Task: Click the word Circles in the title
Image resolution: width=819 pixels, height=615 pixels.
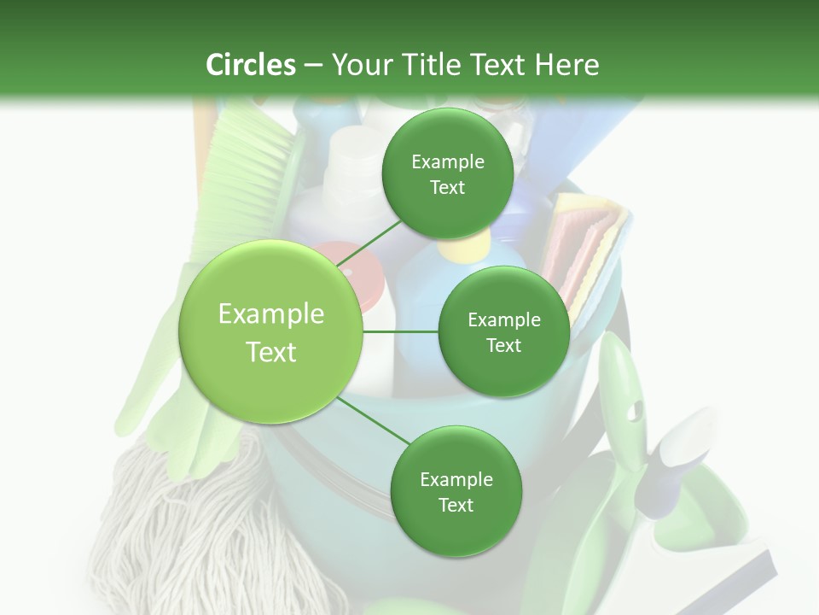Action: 250,65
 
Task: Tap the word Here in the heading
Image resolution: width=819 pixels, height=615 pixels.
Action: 568,65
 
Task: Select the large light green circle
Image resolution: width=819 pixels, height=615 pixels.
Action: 270,331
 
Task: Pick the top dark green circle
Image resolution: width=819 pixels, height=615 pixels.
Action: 447,173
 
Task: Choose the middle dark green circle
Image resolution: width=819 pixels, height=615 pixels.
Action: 503,331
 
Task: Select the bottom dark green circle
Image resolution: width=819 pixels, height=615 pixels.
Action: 456,491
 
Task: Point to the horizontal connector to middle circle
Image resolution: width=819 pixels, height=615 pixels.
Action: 401,331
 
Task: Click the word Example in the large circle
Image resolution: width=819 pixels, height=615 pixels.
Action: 270,314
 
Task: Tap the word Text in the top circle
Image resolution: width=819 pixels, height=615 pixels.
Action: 447,188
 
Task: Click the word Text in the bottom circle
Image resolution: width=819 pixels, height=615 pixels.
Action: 456,506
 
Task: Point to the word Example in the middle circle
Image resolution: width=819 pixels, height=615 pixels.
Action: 503,319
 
